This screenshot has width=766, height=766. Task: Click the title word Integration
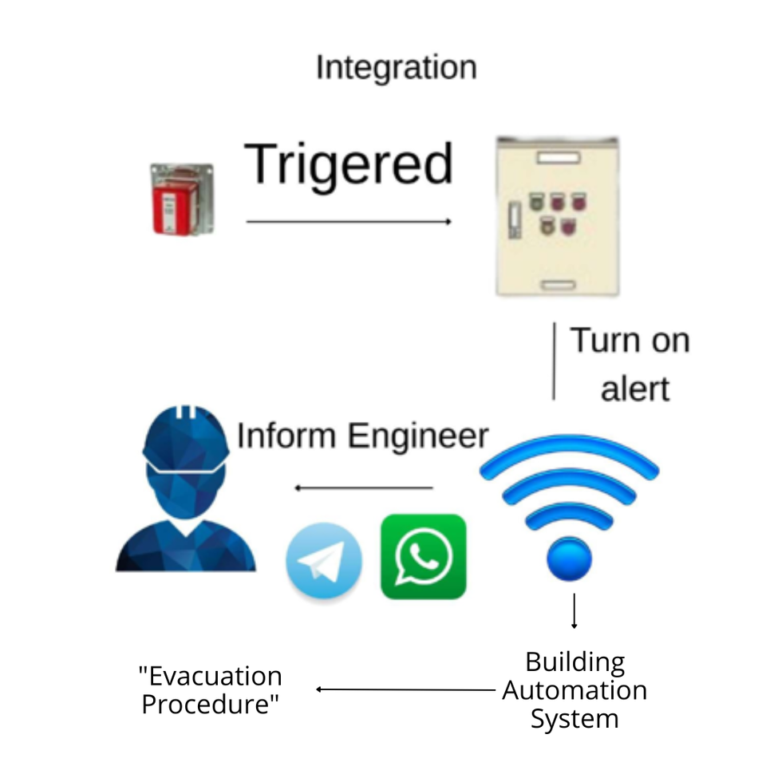[396, 68]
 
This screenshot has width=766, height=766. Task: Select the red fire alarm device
[183, 199]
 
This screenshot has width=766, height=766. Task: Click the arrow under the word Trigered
[349, 221]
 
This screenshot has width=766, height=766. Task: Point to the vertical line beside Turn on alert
[554, 361]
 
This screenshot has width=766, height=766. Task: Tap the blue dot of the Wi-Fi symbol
[569, 558]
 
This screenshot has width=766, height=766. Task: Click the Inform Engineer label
[362, 436]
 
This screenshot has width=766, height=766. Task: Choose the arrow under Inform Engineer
[364, 488]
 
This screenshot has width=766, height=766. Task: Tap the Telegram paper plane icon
[323, 560]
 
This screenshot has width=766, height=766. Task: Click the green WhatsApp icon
[423, 556]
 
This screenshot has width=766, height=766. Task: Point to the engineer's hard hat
[186, 436]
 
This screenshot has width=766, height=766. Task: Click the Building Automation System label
[574, 690]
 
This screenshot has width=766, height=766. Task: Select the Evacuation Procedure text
[211, 690]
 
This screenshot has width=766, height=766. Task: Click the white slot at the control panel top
[558, 158]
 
